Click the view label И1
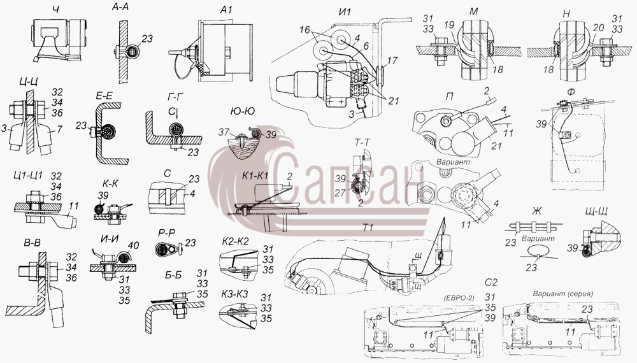(344, 11)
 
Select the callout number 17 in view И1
(392, 61)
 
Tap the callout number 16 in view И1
(305, 30)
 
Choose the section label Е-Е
(103, 96)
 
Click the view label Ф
(571, 92)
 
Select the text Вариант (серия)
(562, 294)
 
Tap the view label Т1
(368, 227)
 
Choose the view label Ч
(55, 9)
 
